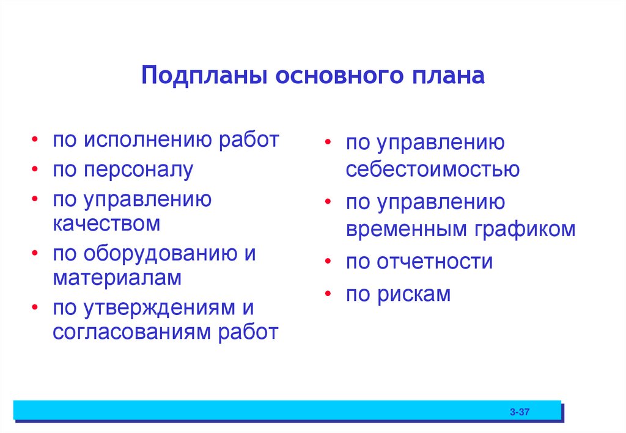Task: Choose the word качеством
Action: point(106,223)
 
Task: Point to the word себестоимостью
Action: point(433,169)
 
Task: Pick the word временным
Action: point(406,229)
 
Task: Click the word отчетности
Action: point(435,262)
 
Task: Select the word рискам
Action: point(416,294)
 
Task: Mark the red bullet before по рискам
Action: point(330,294)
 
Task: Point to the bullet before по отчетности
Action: point(330,262)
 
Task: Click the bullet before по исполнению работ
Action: point(37,140)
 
